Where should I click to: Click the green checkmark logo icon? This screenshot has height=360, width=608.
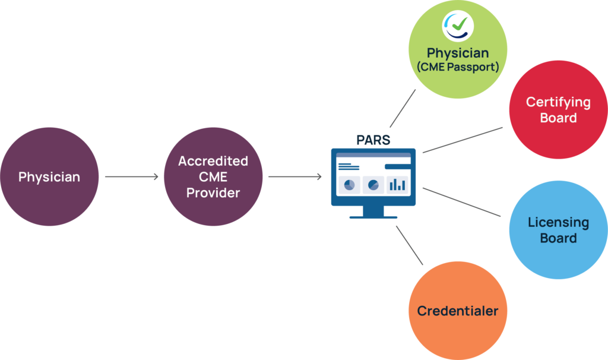tap(458, 26)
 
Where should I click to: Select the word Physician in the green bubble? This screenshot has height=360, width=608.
tap(458, 53)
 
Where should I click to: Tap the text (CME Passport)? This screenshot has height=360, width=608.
tap(457, 67)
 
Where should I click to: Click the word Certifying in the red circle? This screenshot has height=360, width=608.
tap(558, 102)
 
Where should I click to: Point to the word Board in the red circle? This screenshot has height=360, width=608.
tap(558, 118)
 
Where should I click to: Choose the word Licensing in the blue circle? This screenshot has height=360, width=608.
tap(558, 223)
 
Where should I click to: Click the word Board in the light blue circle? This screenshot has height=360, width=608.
tap(558, 238)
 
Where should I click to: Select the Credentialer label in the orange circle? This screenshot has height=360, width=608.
tap(457, 311)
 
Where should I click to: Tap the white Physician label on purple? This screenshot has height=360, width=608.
tap(49, 177)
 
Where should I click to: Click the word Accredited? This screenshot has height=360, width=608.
tap(213, 161)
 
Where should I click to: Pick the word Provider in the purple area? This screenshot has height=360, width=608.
tap(213, 192)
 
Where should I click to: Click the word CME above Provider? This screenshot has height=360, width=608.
tap(213, 177)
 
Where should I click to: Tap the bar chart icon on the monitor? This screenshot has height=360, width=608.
tap(397, 185)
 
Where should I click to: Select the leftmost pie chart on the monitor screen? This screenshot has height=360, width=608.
tap(350, 185)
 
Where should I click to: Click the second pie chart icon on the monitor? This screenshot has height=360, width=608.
tap(373, 185)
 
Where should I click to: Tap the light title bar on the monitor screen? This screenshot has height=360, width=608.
tap(373, 157)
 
